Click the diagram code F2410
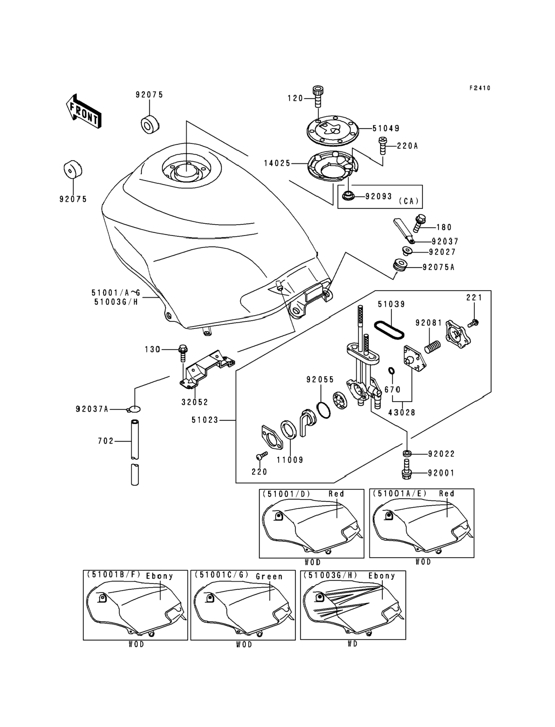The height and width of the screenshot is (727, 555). pos(480,88)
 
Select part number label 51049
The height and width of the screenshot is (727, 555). pos(386,128)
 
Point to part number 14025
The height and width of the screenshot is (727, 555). pos(277,163)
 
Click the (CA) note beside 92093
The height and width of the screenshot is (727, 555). pos(409,201)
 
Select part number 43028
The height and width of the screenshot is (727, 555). pos(402,412)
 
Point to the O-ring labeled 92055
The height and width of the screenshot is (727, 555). pos(324,410)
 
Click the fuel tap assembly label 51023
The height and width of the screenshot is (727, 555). pos(205,420)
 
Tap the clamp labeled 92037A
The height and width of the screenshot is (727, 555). pos(134,409)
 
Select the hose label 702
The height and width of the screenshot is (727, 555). pos(106,441)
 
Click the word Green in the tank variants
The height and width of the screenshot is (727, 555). pos(269,576)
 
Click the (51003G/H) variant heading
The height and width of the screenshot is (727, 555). pos(330,575)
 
